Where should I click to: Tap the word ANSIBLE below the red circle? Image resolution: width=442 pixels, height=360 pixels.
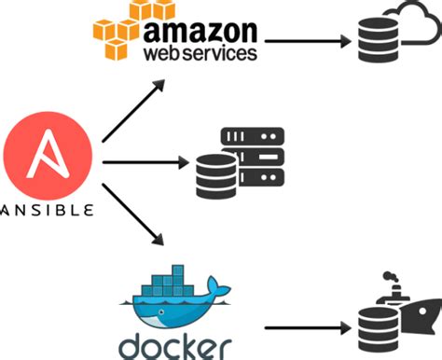point(47,208)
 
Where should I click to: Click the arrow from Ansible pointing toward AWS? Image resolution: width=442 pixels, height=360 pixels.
point(133,110)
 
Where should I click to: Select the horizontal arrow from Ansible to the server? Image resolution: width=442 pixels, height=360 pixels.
point(139,164)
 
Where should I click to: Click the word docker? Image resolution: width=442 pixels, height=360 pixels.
point(173,341)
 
